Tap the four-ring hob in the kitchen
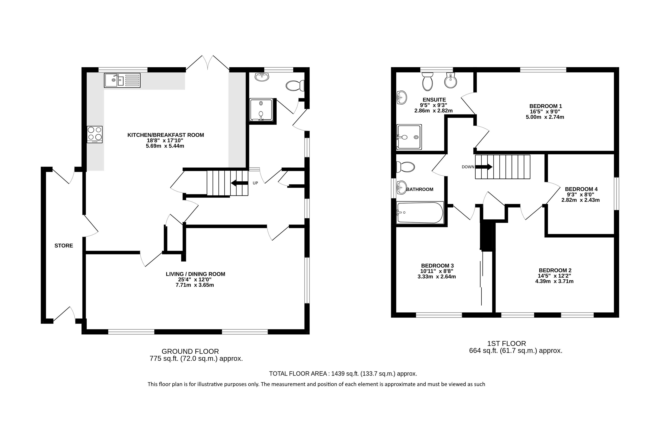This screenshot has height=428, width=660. [x=94, y=134]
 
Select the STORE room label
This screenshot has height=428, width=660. [x=64, y=246]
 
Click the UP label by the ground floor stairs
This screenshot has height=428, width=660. [x=255, y=183]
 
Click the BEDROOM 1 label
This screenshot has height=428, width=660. [x=545, y=106]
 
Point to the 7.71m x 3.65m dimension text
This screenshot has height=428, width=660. [x=195, y=285]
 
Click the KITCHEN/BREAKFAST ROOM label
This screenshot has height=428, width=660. [x=166, y=135]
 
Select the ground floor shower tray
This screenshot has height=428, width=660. [x=261, y=110]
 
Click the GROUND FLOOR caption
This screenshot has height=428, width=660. [x=190, y=351]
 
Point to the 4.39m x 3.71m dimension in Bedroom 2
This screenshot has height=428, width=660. [x=554, y=281]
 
